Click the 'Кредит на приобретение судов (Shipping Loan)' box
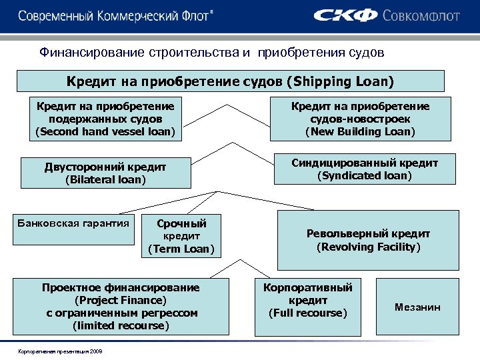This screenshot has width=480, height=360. [230, 82]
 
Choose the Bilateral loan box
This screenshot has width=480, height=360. [105, 173]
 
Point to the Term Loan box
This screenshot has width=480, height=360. [181, 236]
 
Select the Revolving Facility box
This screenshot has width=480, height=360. [368, 240]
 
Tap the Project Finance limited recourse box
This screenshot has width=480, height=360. [121, 306]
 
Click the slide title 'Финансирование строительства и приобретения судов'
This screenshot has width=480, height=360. [211, 51]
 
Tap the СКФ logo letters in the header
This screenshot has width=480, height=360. [345, 15]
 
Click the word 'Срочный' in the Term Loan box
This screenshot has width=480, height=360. [181, 223]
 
